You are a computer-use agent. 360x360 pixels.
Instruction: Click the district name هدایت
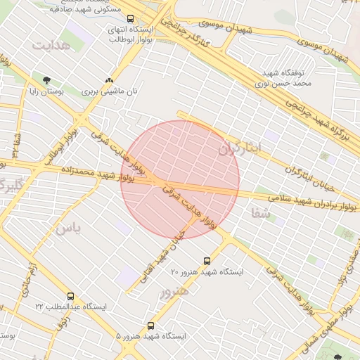click(52, 44)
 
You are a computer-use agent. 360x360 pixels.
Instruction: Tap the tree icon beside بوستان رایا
click(46, 80)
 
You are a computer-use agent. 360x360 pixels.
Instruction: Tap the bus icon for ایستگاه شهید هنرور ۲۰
click(206, 260)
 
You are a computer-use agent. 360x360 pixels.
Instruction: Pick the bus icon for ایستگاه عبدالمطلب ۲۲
click(70, 296)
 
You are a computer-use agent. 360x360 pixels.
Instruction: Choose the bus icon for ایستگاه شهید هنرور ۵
click(151, 326)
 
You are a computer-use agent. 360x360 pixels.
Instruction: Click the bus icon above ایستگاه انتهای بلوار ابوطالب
click(130, 19)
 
